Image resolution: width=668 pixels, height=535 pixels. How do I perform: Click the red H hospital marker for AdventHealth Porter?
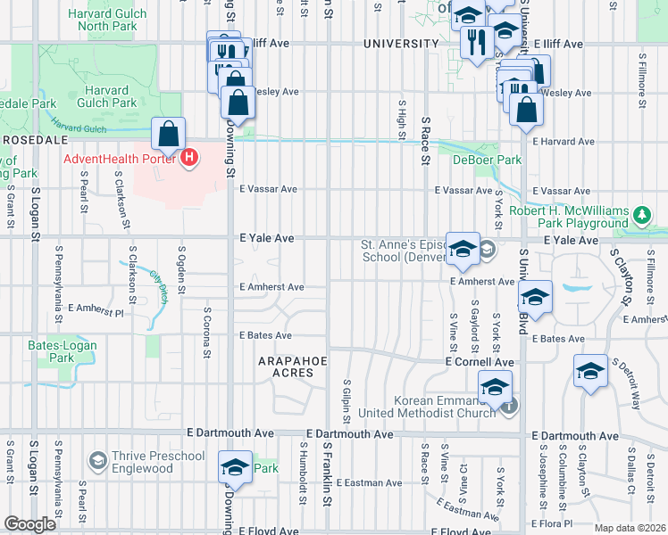pos(188,160)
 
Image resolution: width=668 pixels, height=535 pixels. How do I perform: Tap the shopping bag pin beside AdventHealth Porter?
pos(168,136)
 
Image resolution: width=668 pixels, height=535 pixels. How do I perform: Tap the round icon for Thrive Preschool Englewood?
pos(98,461)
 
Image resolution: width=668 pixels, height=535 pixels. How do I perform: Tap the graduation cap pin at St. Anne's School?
pos(463,251)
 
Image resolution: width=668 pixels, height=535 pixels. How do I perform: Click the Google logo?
pos(29,525)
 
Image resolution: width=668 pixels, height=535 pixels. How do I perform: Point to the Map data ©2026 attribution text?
pos(630,528)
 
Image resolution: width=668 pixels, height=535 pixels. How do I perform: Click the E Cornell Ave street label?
pos(480,362)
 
